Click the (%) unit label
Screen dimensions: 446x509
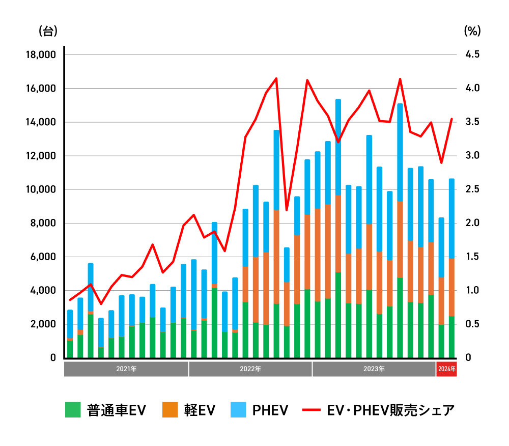(472, 31)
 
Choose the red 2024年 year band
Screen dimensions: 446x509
(446, 369)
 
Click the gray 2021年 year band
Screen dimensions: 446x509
(126, 369)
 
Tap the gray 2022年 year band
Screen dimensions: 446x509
(250, 369)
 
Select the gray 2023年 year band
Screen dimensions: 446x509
(374, 369)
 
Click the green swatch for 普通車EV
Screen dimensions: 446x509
(73, 410)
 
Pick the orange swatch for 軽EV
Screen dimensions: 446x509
(170, 410)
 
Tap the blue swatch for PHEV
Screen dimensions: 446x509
(238, 410)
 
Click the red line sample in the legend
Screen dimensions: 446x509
(311, 410)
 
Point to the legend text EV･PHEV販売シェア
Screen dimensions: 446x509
(390, 410)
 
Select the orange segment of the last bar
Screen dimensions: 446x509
(451, 287)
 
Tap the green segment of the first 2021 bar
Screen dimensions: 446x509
(70, 349)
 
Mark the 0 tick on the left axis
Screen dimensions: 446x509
(53, 358)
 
